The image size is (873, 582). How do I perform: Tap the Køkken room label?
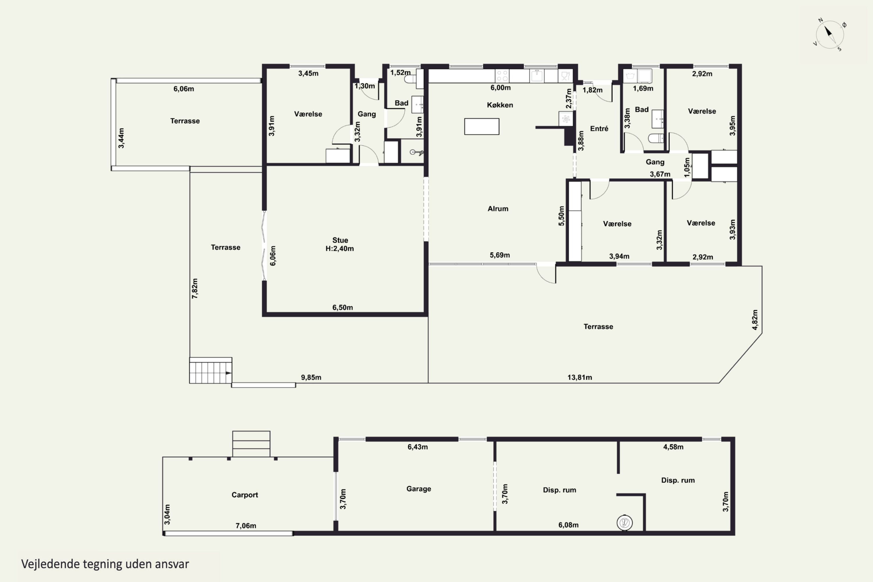pos(500,105)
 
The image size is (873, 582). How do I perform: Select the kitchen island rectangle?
pos(482,126)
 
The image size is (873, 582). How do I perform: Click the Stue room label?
pos(340,240)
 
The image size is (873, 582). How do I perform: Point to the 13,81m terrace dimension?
pos(579,377)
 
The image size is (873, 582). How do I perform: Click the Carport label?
pos(245,495)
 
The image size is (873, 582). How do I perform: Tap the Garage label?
pos(419,489)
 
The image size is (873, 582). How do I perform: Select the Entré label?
pos(599,128)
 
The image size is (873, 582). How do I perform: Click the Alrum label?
pos(498,209)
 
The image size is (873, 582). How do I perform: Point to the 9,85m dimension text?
pos(311,377)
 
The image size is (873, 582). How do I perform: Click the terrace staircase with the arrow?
pos(210,370)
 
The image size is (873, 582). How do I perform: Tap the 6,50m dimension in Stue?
pos(342,307)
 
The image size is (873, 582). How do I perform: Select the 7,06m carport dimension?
pos(246,526)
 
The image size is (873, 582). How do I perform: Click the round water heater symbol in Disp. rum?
pos(625,523)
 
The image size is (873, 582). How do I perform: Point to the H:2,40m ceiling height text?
pos(340,249)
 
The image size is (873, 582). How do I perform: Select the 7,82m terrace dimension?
pos(195,288)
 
